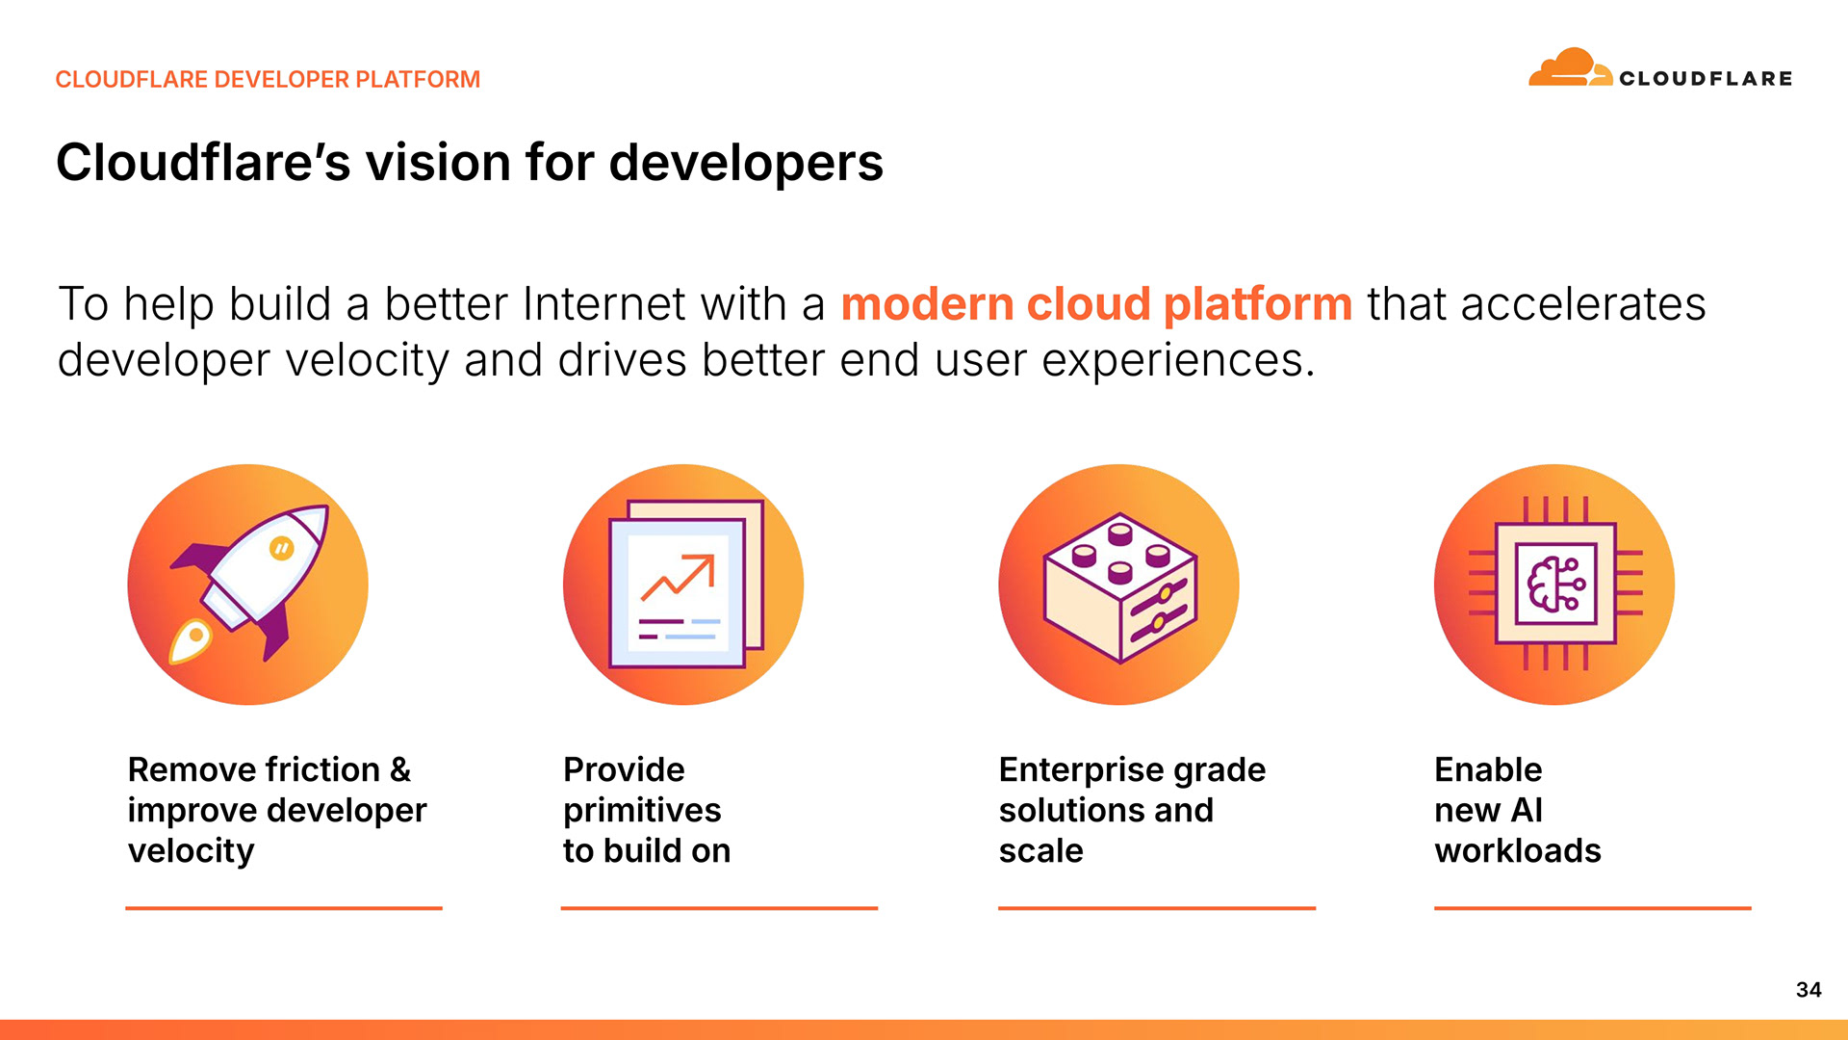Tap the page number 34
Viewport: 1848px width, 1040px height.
pyautogui.click(x=1809, y=990)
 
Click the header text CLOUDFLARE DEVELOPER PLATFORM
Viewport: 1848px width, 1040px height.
pyautogui.click(x=268, y=79)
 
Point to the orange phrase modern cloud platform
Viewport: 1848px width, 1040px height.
pyautogui.click(x=1097, y=304)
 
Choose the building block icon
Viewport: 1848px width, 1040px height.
pyautogui.click(x=1118, y=585)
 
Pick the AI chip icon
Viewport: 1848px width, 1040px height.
pyautogui.click(x=1554, y=585)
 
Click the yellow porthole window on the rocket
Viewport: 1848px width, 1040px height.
pyautogui.click(x=281, y=548)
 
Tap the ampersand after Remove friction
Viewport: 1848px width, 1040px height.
pyautogui.click(x=400, y=769)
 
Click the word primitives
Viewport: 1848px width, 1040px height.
pyautogui.click(x=642, y=811)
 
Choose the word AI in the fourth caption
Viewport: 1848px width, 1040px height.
pyautogui.click(x=1527, y=810)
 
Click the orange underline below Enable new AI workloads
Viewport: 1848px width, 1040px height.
pyautogui.click(x=1593, y=907)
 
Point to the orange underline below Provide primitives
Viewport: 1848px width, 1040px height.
pyautogui.click(x=719, y=907)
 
